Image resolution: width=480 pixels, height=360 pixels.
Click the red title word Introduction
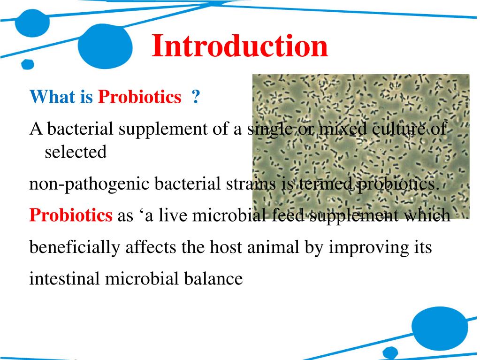click(240, 46)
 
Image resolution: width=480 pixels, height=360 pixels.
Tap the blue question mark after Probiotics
click(196, 97)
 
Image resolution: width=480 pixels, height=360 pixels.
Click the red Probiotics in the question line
click(139, 97)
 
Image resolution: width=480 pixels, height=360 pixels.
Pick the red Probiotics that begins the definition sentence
click(71, 215)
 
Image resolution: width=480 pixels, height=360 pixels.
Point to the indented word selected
click(76, 152)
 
